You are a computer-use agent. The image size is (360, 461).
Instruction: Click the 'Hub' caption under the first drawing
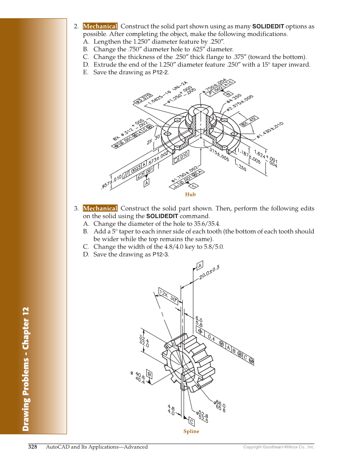[190, 195]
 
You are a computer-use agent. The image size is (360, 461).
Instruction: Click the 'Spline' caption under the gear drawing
[191, 431]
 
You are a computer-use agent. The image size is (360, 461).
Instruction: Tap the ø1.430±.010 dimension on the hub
[270, 131]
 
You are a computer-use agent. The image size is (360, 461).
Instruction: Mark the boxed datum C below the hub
[193, 186]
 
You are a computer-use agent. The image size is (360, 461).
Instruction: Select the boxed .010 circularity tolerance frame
[181, 157]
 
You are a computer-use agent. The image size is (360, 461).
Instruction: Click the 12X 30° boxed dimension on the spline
[168, 295]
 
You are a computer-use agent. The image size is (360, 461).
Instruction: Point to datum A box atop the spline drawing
[200, 265]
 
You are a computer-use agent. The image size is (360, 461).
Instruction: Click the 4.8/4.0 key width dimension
[171, 409]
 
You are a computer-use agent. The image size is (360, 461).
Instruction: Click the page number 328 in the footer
[33, 447]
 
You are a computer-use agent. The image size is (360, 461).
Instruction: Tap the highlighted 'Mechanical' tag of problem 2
[100, 26]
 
